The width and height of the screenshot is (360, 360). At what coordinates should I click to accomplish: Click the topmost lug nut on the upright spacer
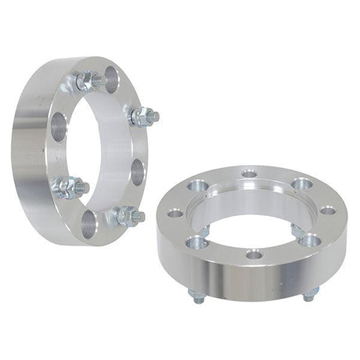pyautogui.click(x=88, y=81)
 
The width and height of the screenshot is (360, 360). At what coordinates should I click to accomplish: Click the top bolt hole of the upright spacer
pyautogui.click(x=110, y=77)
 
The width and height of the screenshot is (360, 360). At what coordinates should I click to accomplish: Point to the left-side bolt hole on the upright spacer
pyautogui.click(x=59, y=125)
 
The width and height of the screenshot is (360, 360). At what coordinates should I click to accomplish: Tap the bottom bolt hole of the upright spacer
pyautogui.click(x=88, y=223)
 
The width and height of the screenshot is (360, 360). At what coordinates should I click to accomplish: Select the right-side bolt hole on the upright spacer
pyautogui.click(x=138, y=171)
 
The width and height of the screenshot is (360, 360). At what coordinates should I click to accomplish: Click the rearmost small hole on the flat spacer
pyautogui.click(x=249, y=174)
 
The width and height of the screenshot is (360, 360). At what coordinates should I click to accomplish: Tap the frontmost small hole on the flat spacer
pyautogui.click(x=254, y=254)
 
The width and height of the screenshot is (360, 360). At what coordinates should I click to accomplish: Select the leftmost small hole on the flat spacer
pyautogui.click(x=175, y=212)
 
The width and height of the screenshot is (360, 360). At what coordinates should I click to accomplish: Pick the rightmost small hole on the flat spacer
pyautogui.click(x=329, y=210)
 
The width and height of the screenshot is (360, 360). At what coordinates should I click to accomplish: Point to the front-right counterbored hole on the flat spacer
pyautogui.click(x=311, y=239)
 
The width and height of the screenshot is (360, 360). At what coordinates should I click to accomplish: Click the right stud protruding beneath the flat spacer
pyautogui.click(x=310, y=294)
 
